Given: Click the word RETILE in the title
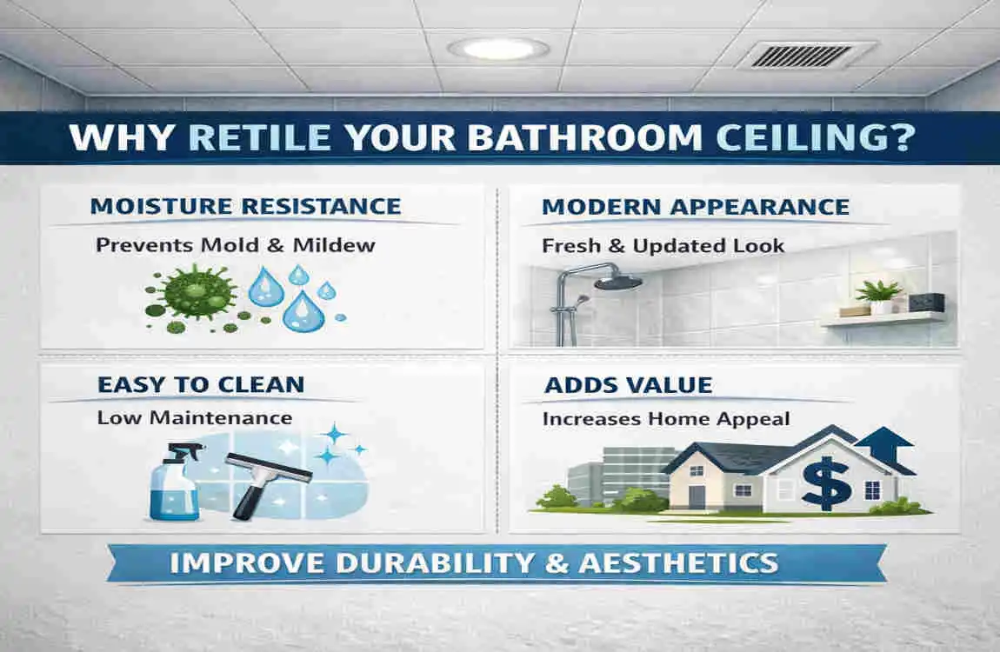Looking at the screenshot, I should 259,140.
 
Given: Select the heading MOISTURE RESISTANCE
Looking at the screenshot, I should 245,207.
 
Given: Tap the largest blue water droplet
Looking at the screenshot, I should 303,310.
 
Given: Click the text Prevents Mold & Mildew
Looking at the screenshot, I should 236,245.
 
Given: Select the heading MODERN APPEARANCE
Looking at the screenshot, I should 695,207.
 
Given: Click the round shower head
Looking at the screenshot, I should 618,282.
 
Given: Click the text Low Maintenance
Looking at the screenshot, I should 194,418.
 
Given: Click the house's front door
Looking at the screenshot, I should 697,496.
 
